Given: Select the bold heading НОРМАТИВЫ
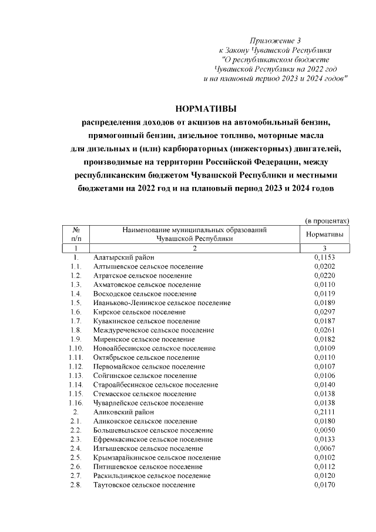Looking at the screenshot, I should pos(206,109).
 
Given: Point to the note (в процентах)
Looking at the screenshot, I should pos(327,220).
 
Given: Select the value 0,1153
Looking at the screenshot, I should pos(324,257).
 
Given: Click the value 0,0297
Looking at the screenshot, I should pos(324,312).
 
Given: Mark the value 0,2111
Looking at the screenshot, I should pos(324,412).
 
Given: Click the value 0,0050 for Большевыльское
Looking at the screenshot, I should pos(324,430).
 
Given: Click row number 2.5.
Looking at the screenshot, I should pos(75,458).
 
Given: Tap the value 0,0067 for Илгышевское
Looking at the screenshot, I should pos(324,449).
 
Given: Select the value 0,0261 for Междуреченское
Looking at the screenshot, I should pos(324,330).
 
